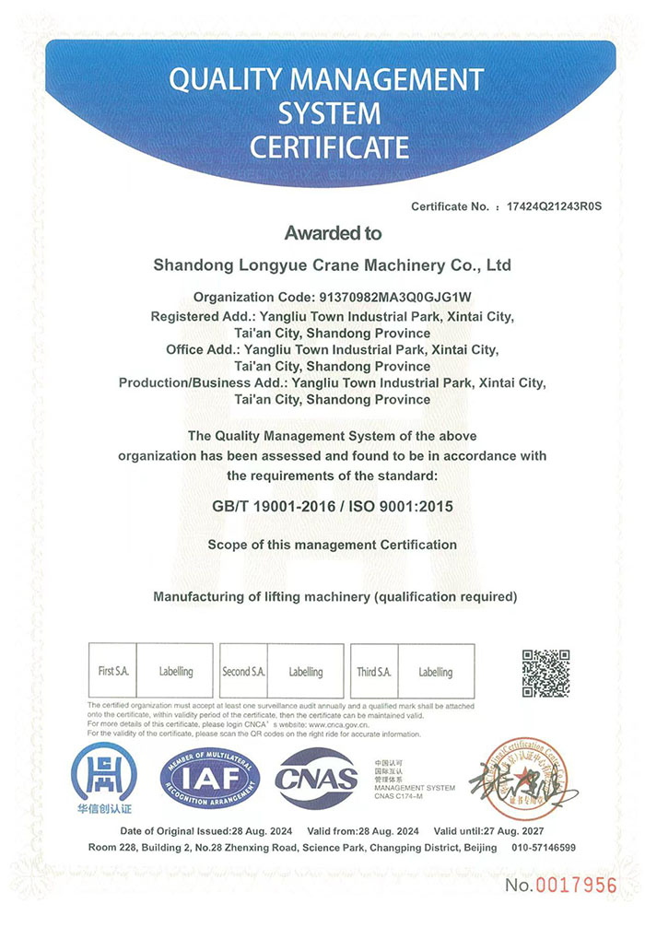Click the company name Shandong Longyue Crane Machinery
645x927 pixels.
(332, 265)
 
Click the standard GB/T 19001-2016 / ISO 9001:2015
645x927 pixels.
(333, 507)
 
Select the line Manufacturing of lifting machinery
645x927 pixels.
(335, 597)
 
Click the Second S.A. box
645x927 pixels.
(243, 672)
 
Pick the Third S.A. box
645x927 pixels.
(374, 672)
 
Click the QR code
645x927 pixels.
(545, 674)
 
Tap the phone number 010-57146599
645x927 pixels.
(543, 847)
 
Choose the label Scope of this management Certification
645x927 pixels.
(333, 545)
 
